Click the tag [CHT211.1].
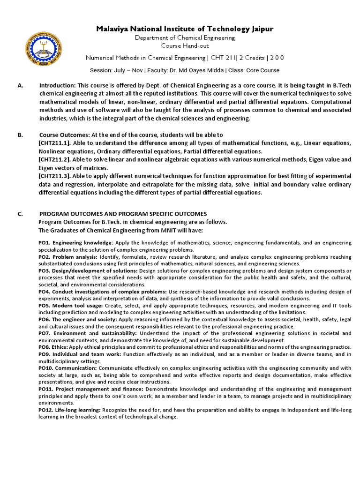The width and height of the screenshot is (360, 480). coord(54,143)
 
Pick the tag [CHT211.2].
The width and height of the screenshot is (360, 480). coord(54,160)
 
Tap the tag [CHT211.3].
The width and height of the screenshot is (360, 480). coord(54,176)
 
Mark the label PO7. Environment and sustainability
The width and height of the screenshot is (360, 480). coord(88,333)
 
